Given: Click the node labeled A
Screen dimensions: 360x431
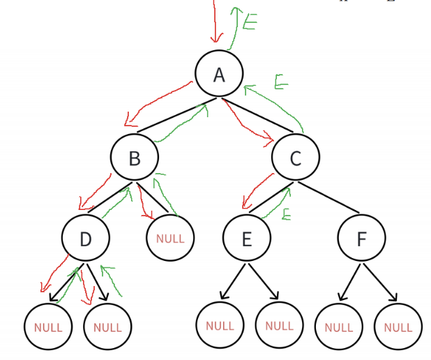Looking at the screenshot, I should coord(219,74).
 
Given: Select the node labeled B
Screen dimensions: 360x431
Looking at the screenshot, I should coord(134,158).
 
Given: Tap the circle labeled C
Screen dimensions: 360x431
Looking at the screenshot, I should coord(295,158).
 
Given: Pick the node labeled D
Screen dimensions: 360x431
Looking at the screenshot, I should coord(85,239).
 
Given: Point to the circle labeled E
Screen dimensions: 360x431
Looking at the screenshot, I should coord(246,239).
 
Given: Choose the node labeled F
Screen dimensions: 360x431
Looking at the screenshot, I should coord(361,239).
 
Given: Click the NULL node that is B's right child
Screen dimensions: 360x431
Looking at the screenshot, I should coord(170,239).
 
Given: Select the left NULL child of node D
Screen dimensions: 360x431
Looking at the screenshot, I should coord(47,327).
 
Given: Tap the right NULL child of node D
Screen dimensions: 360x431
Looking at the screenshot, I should coord(107,327).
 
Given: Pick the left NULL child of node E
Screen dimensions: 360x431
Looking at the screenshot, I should coord(220,325).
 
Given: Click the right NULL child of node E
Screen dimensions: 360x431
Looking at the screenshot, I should coord(279,325).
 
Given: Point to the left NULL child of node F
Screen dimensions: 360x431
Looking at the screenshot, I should coord(338,327).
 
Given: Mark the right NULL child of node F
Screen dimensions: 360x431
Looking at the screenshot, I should coord(398,327).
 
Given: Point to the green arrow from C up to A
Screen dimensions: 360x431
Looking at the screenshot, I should coord(279,105).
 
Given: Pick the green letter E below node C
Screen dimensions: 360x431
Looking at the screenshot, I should coord(285,214).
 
